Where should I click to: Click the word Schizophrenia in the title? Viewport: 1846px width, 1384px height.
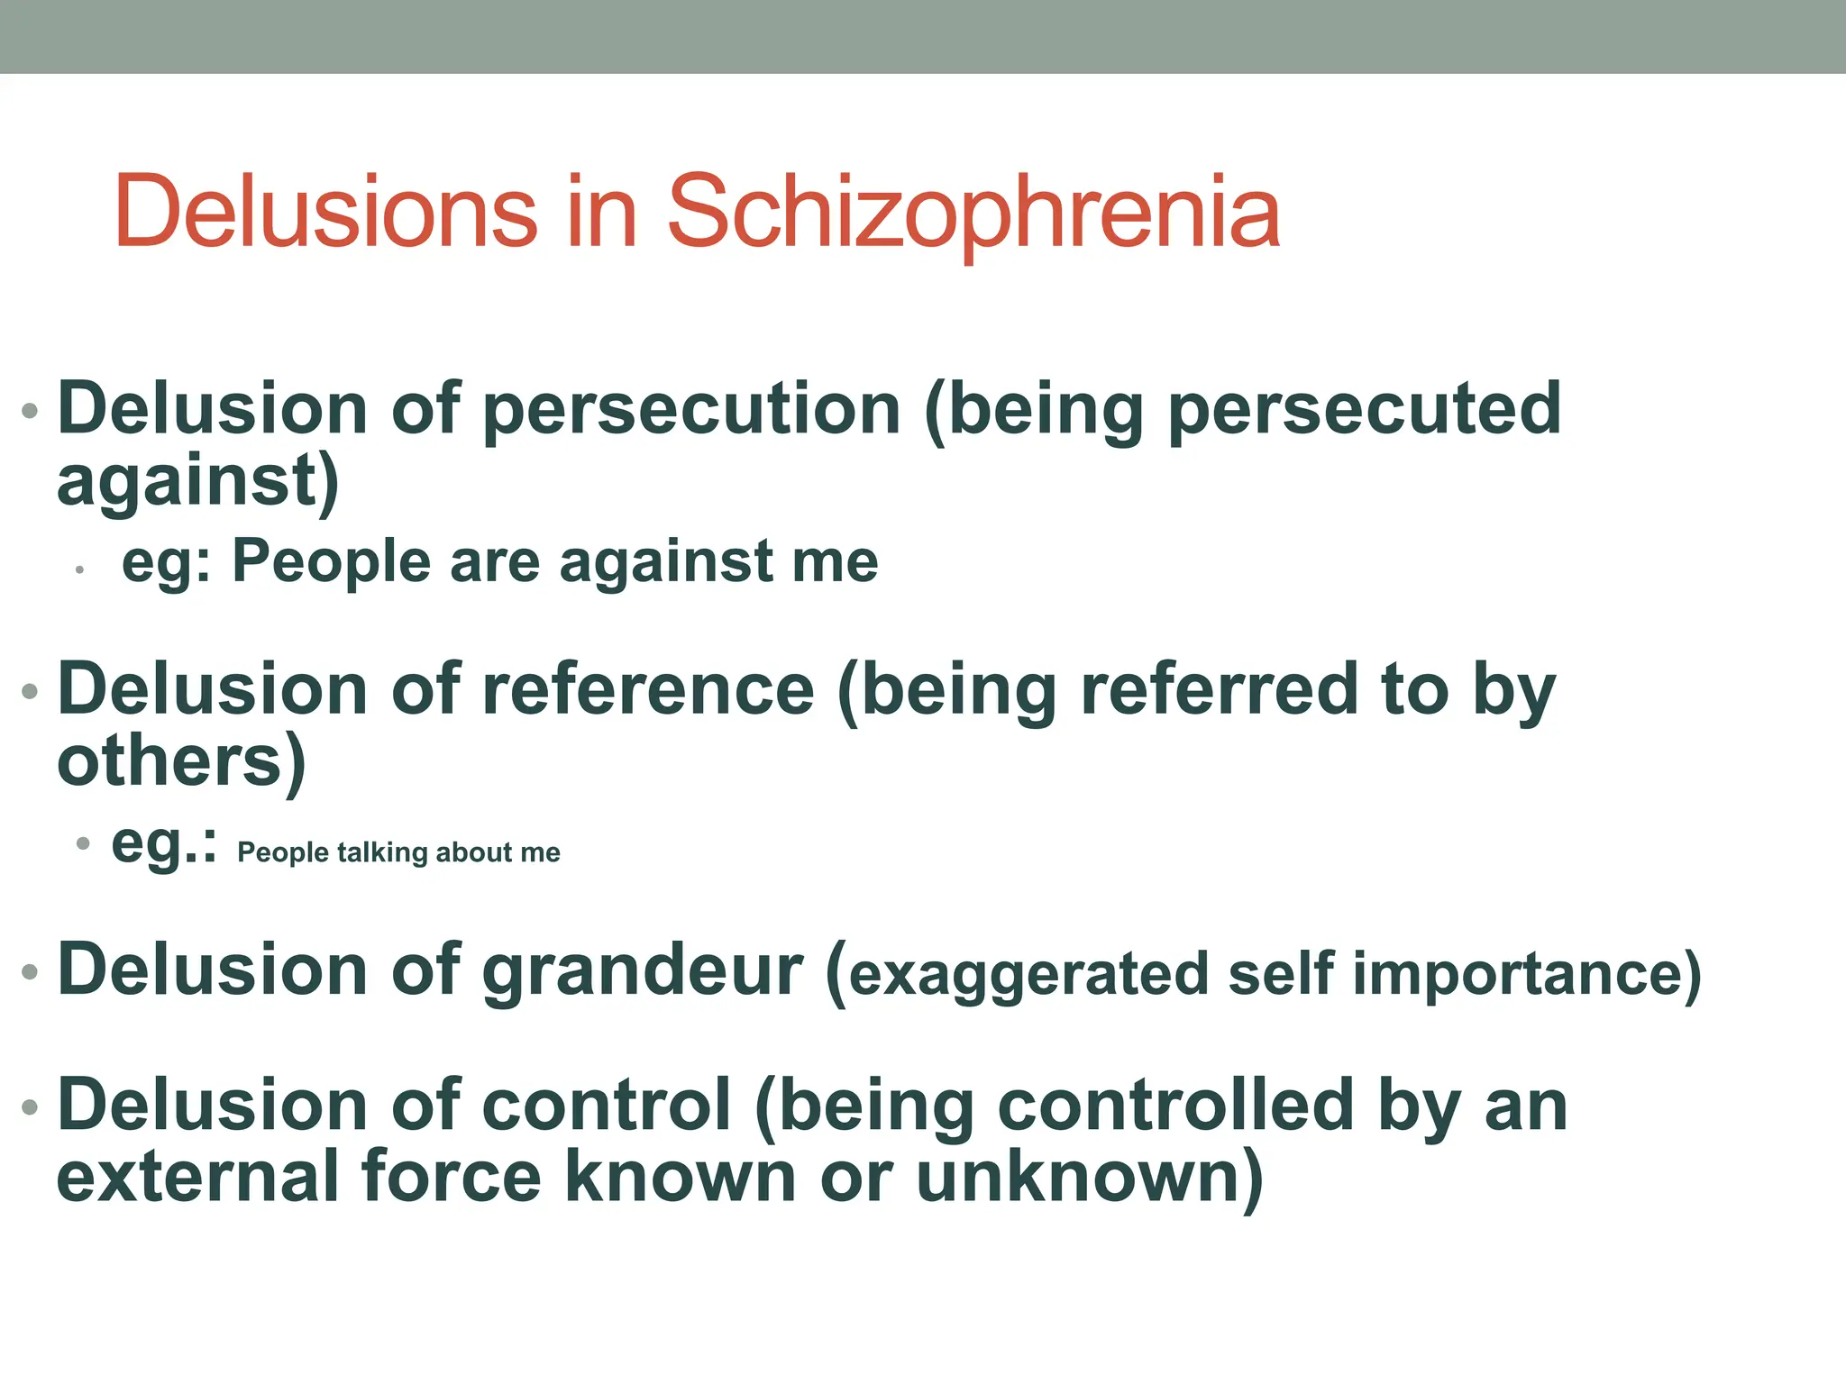coord(973,213)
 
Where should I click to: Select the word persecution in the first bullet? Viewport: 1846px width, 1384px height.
coord(691,410)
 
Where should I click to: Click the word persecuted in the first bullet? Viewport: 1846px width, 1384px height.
coord(1365,410)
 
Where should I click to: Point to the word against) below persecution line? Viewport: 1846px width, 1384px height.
coord(197,482)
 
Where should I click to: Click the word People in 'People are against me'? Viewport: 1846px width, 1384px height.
coord(331,561)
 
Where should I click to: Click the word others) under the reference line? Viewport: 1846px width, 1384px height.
coord(181,762)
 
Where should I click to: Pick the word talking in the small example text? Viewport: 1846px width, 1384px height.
coord(382,852)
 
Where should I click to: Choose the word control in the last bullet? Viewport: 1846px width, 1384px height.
coord(606,1106)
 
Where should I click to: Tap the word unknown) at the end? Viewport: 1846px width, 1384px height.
coord(1089,1177)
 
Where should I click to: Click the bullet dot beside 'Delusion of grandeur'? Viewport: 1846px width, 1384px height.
coord(31,972)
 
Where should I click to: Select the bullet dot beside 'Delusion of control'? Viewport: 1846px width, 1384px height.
coord(31,1106)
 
